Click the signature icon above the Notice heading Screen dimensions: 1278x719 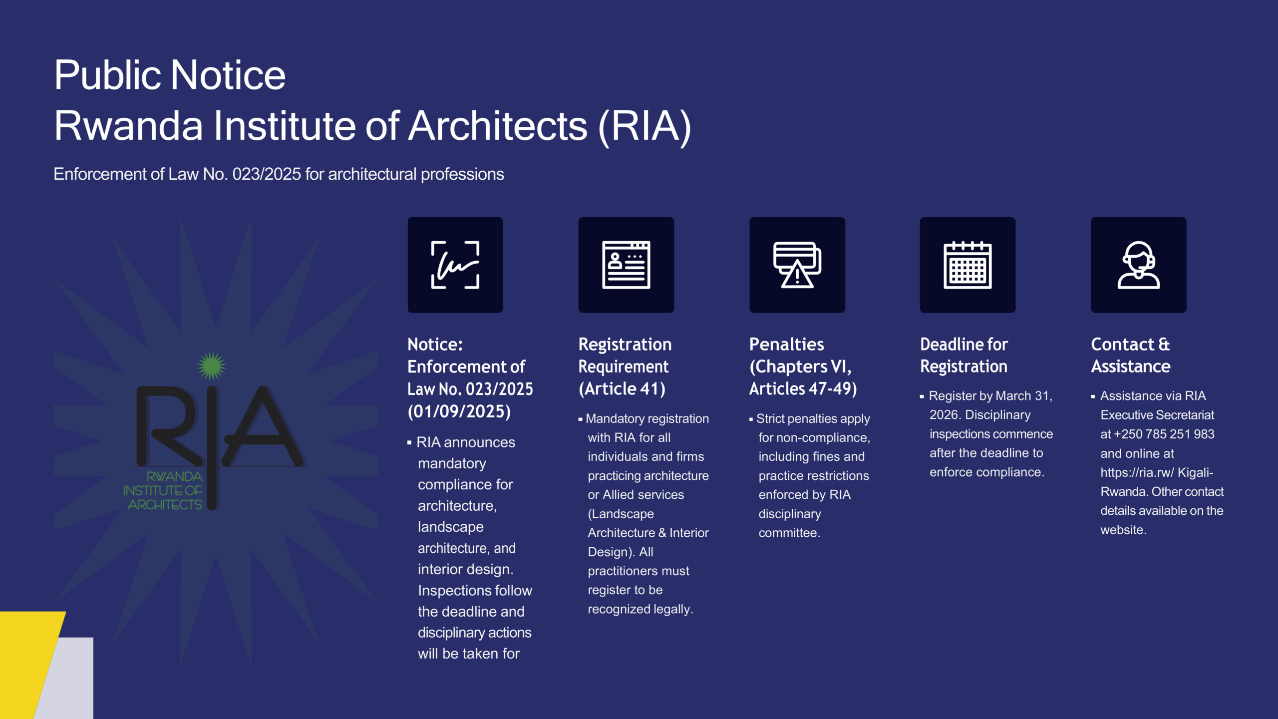tap(455, 265)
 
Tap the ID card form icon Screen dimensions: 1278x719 tap(626, 265)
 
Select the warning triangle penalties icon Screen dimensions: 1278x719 tap(797, 265)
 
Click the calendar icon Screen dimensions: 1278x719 tap(967, 265)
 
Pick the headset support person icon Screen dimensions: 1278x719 tap(1139, 265)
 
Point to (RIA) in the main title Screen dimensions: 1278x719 tap(644, 127)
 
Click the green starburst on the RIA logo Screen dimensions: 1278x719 tap(211, 366)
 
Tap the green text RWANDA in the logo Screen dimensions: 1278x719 tap(174, 476)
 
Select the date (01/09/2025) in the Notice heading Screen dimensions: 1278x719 tap(459, 411)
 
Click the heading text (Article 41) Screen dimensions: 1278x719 tap(622, 389)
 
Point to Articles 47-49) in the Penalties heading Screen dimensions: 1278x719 tap(803, 389)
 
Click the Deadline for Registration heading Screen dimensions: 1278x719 tap(964, 355)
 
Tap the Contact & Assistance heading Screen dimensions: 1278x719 tap(1131, 355)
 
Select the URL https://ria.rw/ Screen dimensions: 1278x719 tap(1137, 472)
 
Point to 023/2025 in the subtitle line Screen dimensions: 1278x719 tap(267, 174)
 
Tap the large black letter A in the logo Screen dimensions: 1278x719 tap(263, 427)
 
